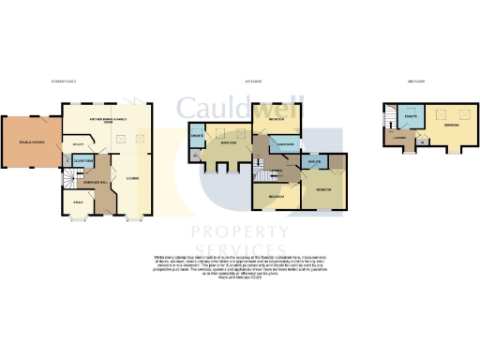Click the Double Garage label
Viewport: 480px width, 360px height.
tap(30, 142)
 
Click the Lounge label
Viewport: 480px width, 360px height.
tap(135, 175)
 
